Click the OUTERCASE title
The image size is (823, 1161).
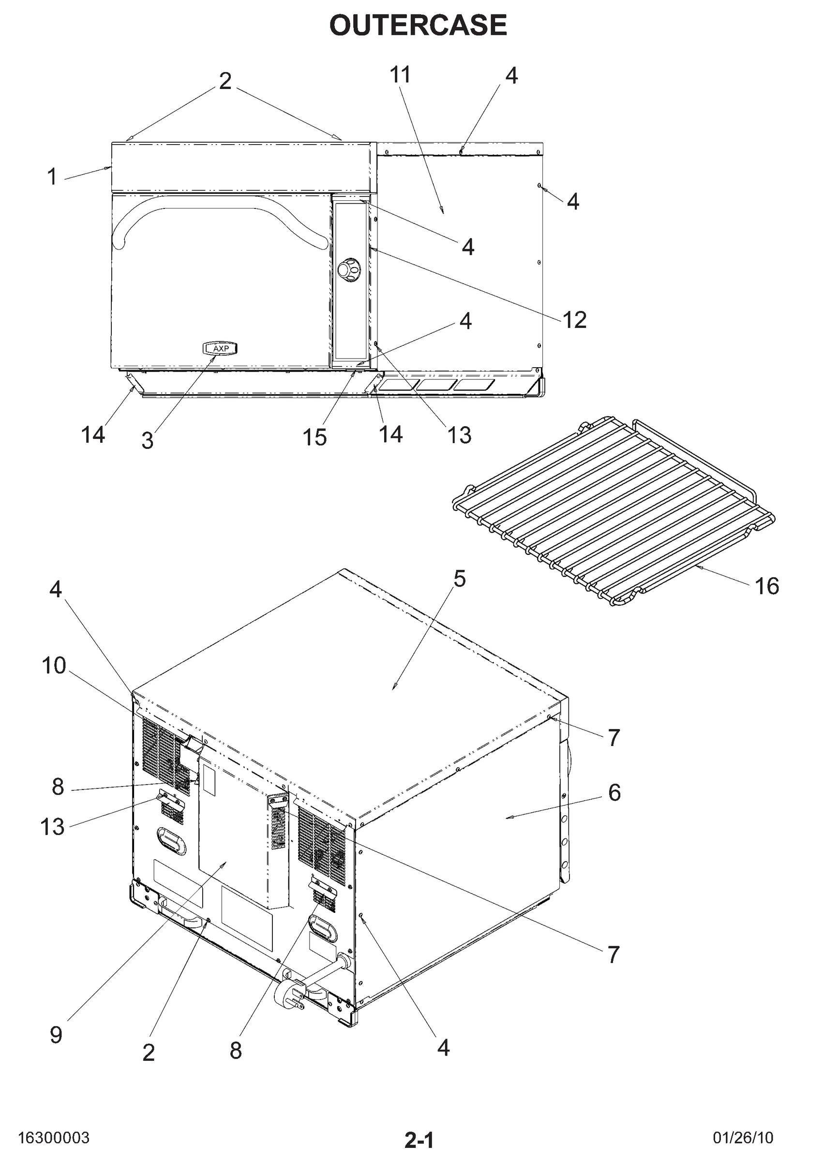[418, 25]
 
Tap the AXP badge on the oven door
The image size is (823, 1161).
[221, 348]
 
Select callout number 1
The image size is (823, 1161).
[52, 177]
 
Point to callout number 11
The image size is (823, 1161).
[400, 74]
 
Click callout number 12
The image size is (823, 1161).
[575, 320]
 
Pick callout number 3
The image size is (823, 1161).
[148, 441]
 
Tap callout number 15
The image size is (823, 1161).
[314, 437]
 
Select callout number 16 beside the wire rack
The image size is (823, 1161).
[766, 586]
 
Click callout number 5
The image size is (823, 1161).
[459, 579]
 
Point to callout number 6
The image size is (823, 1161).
[614, 792]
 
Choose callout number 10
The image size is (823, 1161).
[54, 666]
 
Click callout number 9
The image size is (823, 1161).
[56, 1035]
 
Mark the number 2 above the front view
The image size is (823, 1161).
[225, 81]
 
